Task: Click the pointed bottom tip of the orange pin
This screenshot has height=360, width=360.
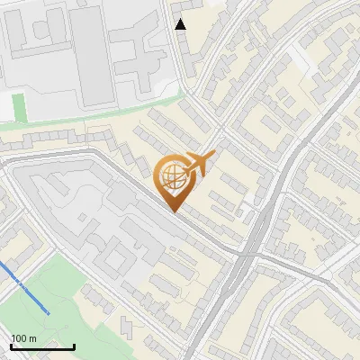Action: click(x=173, y=211)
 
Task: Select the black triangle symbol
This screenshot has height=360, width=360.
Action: click(x=181, y=24)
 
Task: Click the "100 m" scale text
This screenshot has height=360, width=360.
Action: click(x=24, y=337)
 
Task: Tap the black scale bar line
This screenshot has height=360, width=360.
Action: click(x=42, y=346)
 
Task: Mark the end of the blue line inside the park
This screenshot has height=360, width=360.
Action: click(x=48, y=312)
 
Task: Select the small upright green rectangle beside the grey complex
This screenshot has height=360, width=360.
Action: click(x=20, y=107)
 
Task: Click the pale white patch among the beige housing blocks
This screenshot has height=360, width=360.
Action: click(x=306, y=58)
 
